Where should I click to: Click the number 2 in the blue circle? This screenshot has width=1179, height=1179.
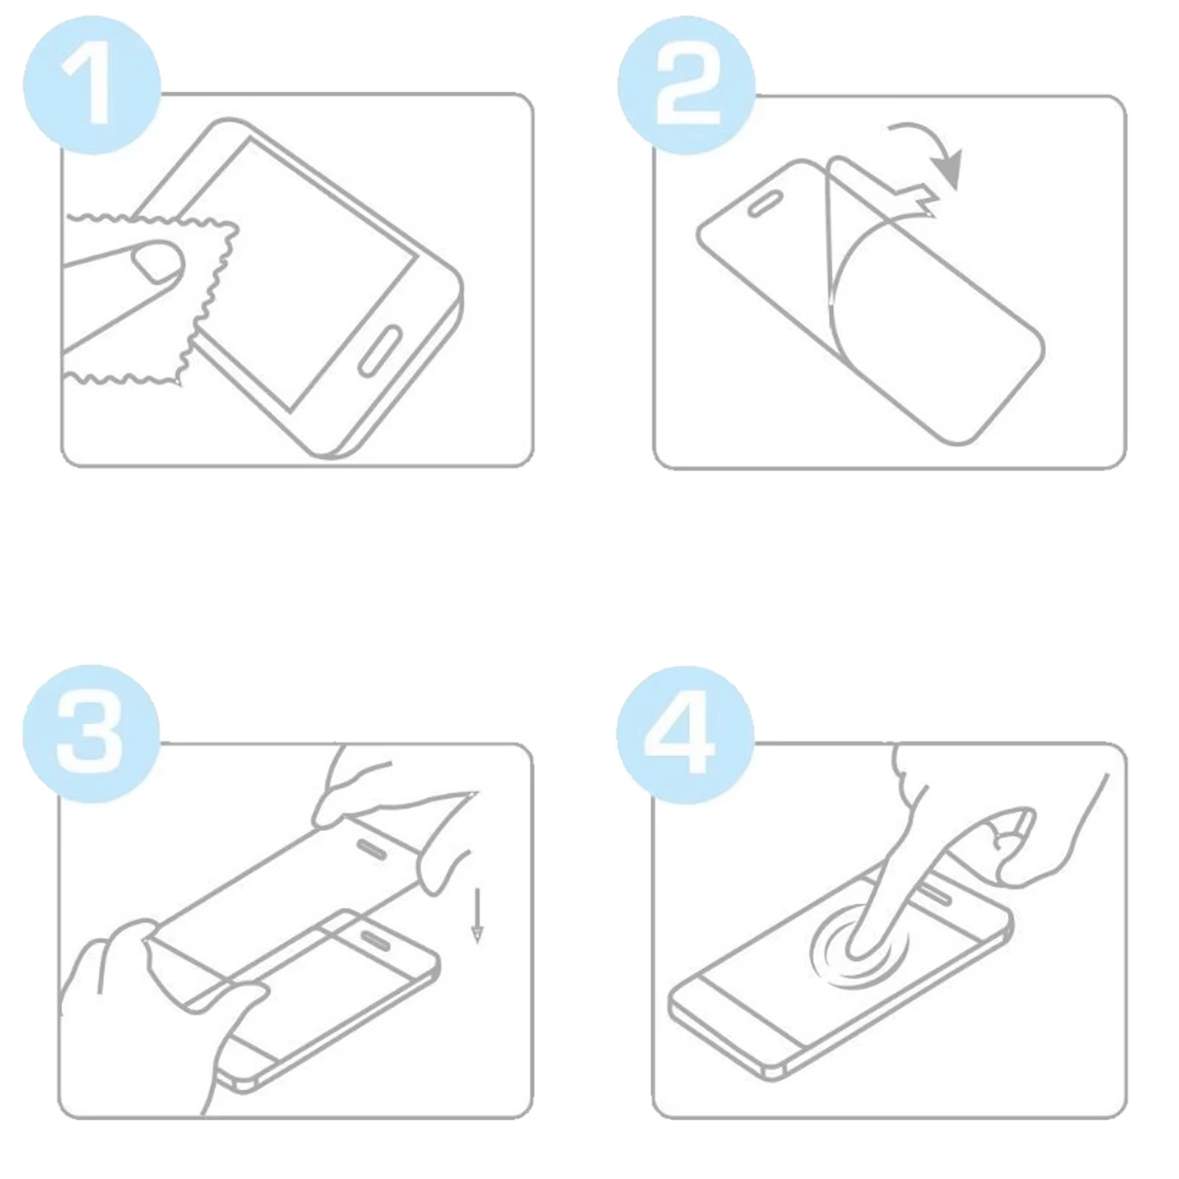pyautogui.click(x=687, y=86)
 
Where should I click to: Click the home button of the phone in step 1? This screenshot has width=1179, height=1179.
pyautogui.click(x=379, y=349)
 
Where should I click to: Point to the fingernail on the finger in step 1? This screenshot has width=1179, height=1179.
pyautogui.click(x=156, y=261)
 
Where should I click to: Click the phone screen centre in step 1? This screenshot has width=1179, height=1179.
pyautogui.click(x=309, y=273)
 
